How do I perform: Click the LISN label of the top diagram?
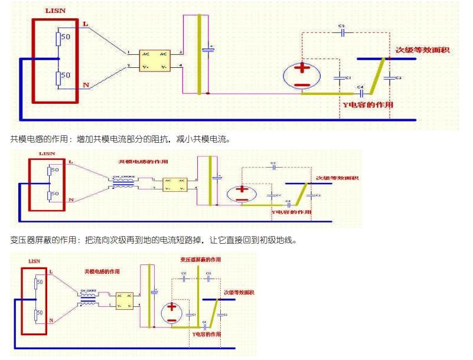click(x=56, y=11)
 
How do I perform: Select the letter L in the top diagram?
click(x=86, y=24)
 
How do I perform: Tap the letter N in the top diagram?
click(x=86, y=86)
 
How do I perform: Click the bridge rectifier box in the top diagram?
click(x=155, y=60)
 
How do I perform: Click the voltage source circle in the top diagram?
click(x=302, y=76)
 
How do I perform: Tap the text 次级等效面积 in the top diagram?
click(x=422, y=50)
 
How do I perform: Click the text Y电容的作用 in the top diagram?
click(x=368, y=104)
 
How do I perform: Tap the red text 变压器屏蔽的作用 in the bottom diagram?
click(x=201, y=260)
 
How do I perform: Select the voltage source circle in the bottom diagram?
click(x=171, y=313)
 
